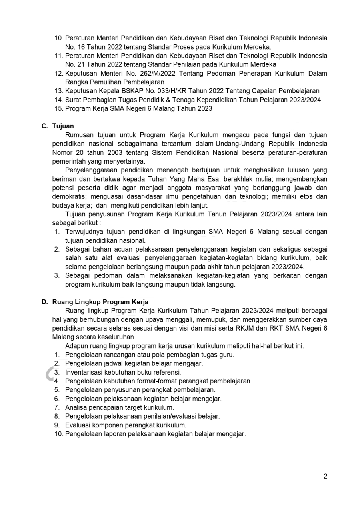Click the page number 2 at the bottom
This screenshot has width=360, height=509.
[325, 476]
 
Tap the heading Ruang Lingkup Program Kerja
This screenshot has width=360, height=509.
[100, 302]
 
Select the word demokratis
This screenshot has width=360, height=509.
[70, 196]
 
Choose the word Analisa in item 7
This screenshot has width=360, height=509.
[76, 407]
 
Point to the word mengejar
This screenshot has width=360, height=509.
[208, 399]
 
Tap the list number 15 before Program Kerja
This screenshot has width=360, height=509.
[58, 108]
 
